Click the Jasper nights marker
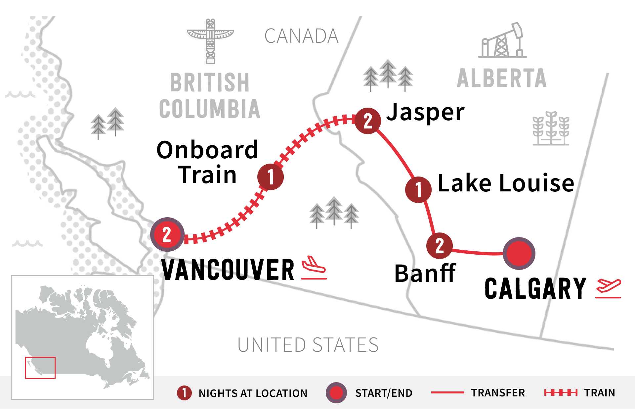(x=367, y=121)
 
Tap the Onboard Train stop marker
(x=270, y=177)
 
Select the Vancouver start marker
(x=167, y=234)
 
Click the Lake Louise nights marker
(x=418, y=189)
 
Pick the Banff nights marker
(x=439, y=246)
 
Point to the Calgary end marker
(x=519, y=253)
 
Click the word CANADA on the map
(x=301, y=36)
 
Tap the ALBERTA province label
(x=501, y=78)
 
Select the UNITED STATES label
(x=308, y=345)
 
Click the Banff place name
(x=425, y=274)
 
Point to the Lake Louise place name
(x=506, y=183)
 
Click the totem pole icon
(x=210, y=41)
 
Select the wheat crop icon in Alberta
(x=551, y=128)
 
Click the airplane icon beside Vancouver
(x=314, y=268)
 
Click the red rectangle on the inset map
(x=40, y=368)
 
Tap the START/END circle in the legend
(x=336, y=393)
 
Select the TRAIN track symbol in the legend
(x=561, y=393)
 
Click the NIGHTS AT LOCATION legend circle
(x=184, y=393)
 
